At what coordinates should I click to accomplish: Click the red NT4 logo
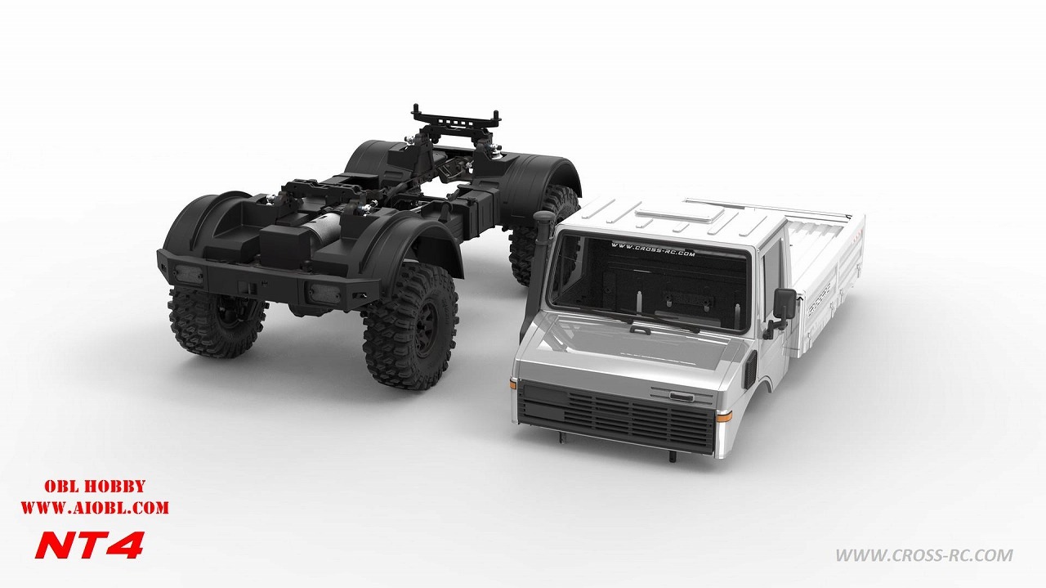(x=90, y=544)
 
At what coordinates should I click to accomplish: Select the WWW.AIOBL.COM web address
(x=94, y=508)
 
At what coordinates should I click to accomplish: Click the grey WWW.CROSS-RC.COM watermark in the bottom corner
(x=923, y=556)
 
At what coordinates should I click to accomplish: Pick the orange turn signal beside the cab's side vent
(x=724, y=415)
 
